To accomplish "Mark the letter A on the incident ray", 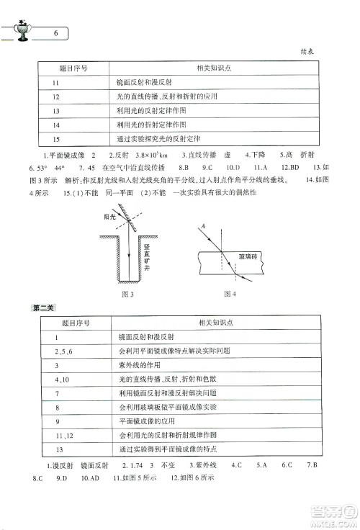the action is click(x=204, y=226).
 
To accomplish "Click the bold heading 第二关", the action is click(x=44, y=309).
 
